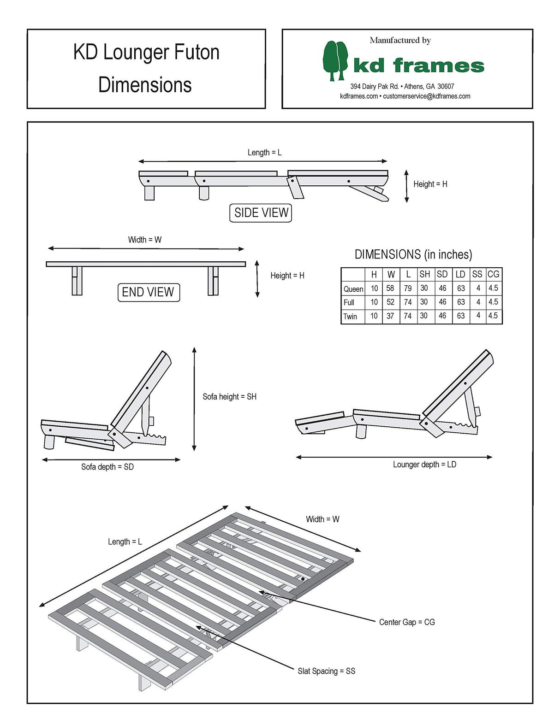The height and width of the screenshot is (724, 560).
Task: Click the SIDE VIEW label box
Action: pos(261,213)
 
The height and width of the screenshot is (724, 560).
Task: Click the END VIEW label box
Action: pos(149,292)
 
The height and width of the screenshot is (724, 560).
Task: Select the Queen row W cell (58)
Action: pos(390,288)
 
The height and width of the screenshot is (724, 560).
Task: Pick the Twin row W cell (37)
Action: pos(390,316)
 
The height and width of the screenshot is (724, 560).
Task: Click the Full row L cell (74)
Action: pos(408,302)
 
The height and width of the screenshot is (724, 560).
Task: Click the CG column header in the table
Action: pos(494,274)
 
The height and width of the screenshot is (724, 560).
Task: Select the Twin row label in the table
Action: pos(351,317)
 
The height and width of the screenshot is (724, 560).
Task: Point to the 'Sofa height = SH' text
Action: pos(229,397)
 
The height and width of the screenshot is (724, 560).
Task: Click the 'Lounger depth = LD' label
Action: pos(424,465)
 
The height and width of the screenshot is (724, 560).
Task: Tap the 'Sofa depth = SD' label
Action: pos(107,467)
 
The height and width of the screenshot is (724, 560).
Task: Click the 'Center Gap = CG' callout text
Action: pos(407,622)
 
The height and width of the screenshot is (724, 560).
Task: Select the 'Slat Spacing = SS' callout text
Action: pos(326,671)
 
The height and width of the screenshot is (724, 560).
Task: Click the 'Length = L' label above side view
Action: pos(264,153)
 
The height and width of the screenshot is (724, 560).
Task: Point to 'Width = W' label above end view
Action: pos(144,240)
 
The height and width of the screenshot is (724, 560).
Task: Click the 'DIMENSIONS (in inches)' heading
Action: pos(413,254)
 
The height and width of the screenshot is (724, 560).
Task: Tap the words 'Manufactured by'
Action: pos(400,41)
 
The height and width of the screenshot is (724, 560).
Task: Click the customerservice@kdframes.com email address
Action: pos(427,96)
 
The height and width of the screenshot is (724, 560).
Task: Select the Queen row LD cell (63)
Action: pos(461,288)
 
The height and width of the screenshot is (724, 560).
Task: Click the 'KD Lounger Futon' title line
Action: pos(146,52)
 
